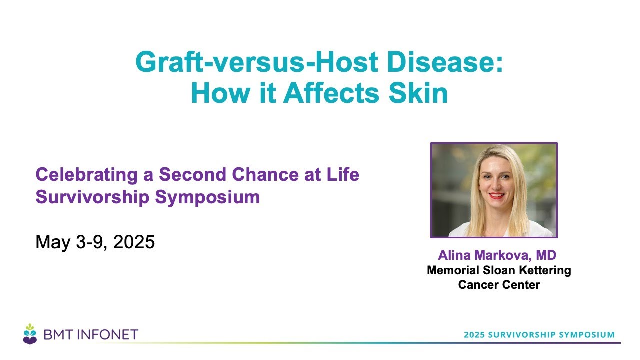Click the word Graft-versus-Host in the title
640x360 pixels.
click(x=257, y=62)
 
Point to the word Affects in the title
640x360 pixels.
click(x=331, y=93)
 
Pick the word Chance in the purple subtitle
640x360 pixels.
click(x=265, y=174)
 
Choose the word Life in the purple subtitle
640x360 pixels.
click(x=343, y=174)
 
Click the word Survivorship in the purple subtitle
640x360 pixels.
click(x=92, y=197)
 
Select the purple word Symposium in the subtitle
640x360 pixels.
click(x=207, y=197)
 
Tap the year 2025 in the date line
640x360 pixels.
click(x=134, y=242)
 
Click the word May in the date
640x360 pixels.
click(x=53, y=243)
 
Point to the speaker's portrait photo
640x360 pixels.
click(x=494, y=190)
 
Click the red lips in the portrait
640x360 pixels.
click(x=496, y=196)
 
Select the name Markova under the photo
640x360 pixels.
click(x=503, y=255)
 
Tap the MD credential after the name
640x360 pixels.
click(x=546, y=255)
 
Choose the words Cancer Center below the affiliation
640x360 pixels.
click(x=499, y=285)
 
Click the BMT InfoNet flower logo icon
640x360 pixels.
click(x=30, y=334)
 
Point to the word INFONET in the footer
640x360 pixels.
click(x=108, y=335)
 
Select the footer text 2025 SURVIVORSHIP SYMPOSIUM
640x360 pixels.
click(x=539, y=335)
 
